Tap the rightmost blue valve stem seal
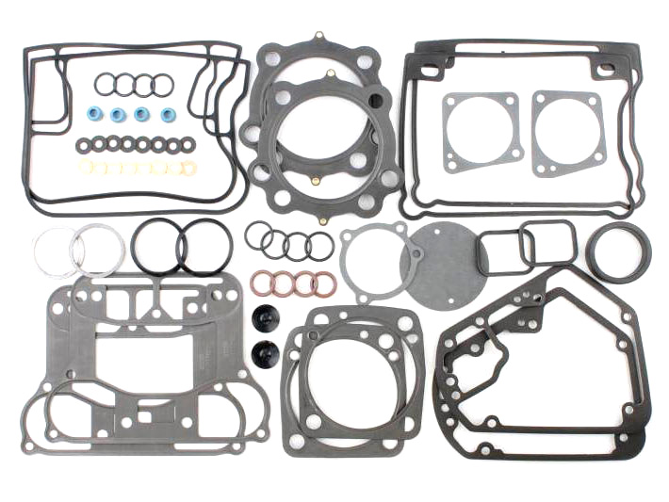[x=167, y=115]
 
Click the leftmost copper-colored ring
[x=261, y=282]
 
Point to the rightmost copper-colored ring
[x=324, y=283]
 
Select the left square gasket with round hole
[x=481, y=132]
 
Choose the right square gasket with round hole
[x=567, y=132]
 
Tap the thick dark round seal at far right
[x=618, y=251]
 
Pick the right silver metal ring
[x=98, y=251]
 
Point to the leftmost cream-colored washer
[x=87, y=168]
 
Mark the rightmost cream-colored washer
[x=188, y=168]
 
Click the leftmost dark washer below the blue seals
[x=84, y=145]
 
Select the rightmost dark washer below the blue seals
[x=187, y=144]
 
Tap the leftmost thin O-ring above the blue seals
[x=105, y=85]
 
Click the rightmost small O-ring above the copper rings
[x=320, y=246]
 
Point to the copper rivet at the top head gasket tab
[x=319, y=36]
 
